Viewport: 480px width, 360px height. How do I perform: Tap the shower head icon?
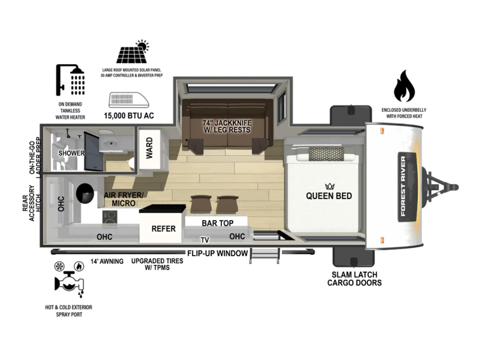[x=70, y=80]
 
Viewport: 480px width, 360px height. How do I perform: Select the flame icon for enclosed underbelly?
[x=404, y=86]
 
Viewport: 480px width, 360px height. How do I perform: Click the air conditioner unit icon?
[x=129, y=100]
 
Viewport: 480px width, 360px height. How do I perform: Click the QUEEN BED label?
[x=329, y=196]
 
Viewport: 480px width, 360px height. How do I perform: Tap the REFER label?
[x=163, y=229]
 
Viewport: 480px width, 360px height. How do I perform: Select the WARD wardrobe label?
[x=149, y=148]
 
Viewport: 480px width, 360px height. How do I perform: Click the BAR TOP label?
[x=218, y=223]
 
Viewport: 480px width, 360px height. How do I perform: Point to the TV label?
[x=205, y=240]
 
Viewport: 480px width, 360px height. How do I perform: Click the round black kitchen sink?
[x=85, y=193]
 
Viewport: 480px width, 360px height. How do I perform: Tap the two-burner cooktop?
[x=110, y=218]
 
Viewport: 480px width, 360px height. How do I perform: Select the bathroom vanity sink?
[x=110, y=143]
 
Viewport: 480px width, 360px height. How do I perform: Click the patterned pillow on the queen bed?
[x=326, y=154]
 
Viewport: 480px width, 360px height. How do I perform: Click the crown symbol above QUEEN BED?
[x=329, y=186]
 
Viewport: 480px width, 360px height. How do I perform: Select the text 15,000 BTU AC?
[x=129, y=116]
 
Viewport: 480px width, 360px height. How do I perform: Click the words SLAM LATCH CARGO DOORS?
[x=355, y=278]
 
